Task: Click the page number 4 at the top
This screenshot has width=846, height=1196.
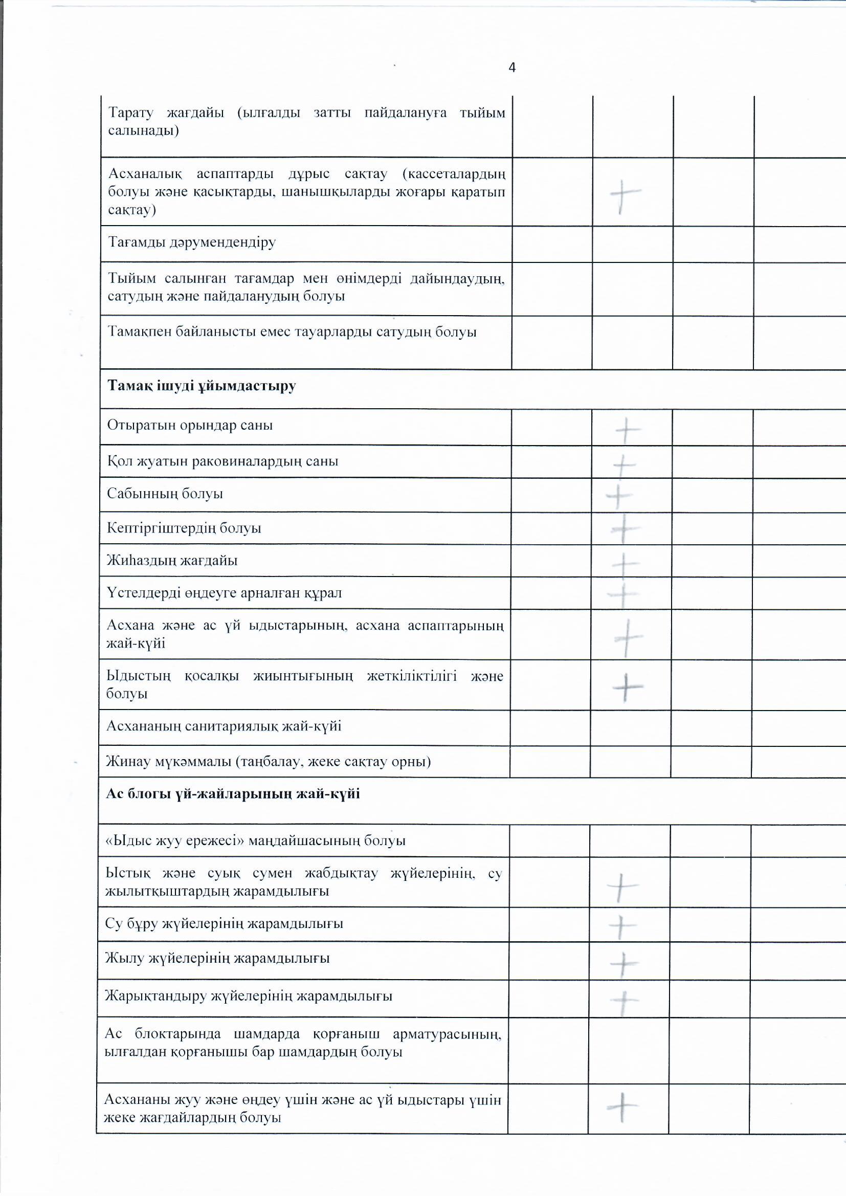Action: [x=511, y=68]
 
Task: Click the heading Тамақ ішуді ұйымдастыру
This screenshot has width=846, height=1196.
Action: [x=201, y=386]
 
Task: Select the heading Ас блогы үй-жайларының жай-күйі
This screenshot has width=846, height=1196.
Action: [x=232, y=794]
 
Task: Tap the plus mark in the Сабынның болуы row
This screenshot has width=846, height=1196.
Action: [x=619, y=495]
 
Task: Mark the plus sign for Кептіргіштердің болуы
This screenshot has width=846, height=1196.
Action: [x=624, y=529]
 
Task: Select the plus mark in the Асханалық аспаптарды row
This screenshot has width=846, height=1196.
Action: [x=624, y=194]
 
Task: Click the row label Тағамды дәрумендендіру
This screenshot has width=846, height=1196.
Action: [x=191, y=242]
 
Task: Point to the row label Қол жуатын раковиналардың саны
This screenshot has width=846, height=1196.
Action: [x=222, y=461]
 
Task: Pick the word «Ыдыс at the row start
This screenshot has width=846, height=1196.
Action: [x=123, y=841]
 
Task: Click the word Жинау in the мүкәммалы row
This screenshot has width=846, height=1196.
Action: [x=125, y=762]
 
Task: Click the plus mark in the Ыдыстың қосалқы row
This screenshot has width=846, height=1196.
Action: [x=627, y=687]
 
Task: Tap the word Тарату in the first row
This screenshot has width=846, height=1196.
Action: [x=131, y=113]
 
